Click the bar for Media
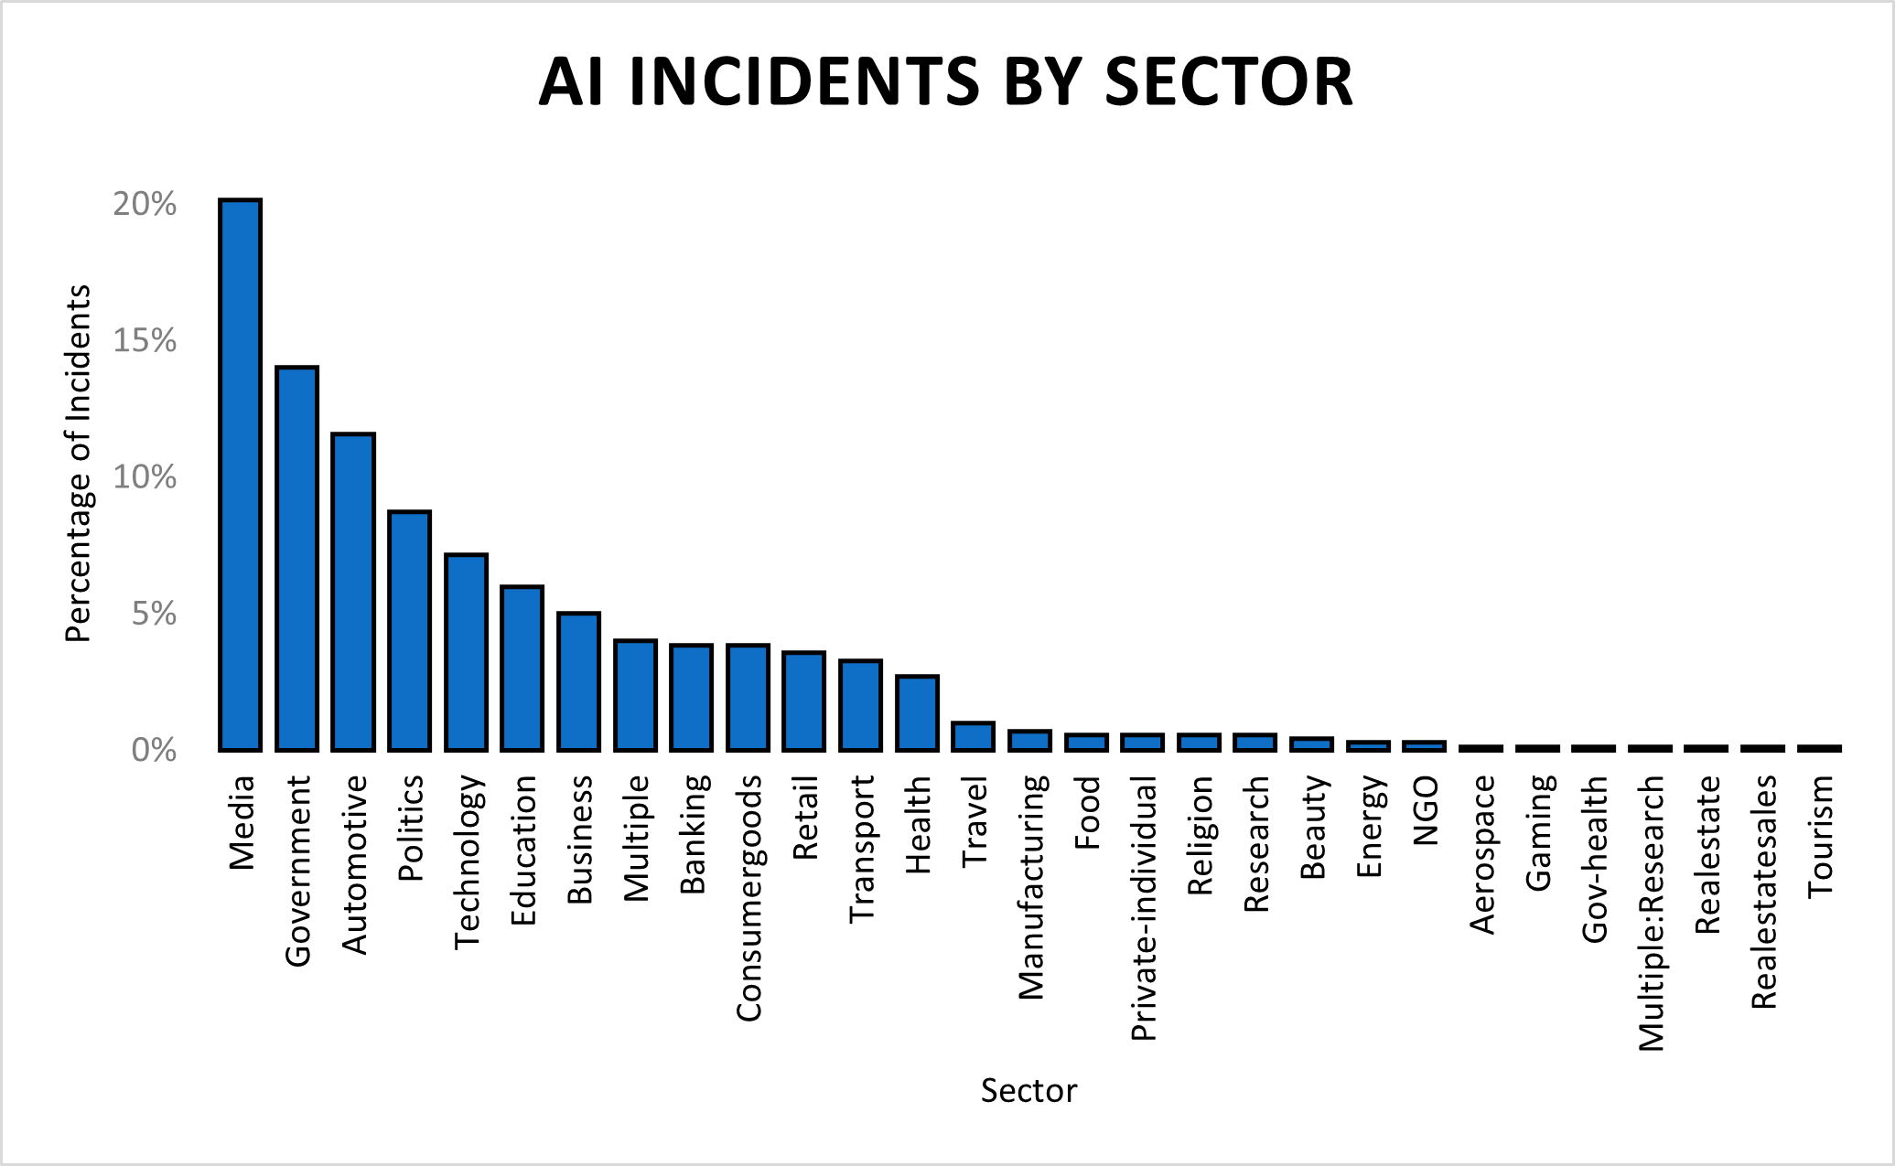(240, 475)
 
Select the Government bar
(297, 559)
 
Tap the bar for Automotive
(353, 592)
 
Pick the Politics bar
(409, 631)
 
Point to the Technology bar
(466, 652)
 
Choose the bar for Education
(522, 669)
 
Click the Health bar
(917, 713)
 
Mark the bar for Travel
(973, 737)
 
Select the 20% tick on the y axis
(145, 204)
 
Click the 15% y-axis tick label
(145, 341)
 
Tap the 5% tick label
(154, 614)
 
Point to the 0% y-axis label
(154, 750)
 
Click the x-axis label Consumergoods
(748, 898)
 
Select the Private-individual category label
(1144, 908)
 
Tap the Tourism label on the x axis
(1820, 836)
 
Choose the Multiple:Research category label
(1651, 913)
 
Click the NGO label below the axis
(1426, 810)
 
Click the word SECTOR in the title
(1228, 82)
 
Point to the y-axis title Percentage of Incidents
(79, 464)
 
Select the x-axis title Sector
(1028, 1091)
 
